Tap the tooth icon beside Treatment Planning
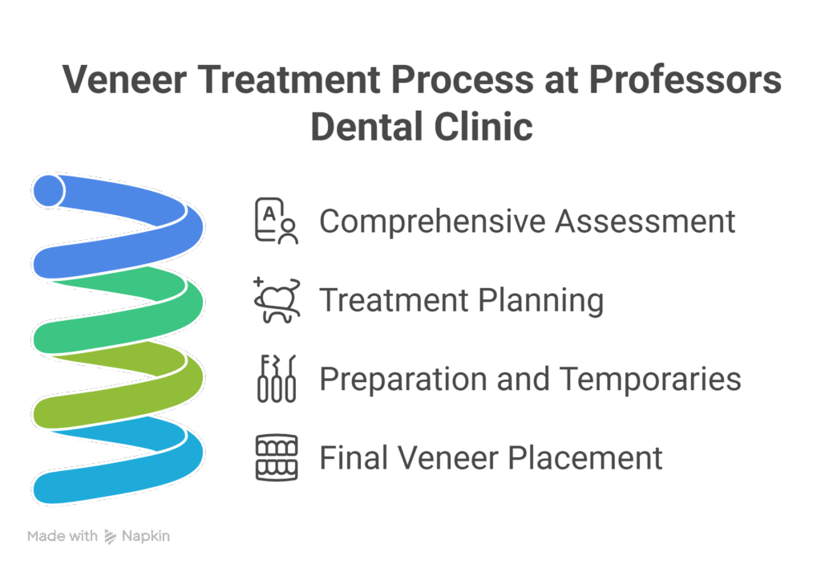[276, 299]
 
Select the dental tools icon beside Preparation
[276, 378]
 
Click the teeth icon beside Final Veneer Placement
[276, 457]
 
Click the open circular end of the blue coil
[49, 190]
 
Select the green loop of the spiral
[120, 309]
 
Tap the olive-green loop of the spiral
[120, 393]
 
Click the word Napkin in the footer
[146, 535]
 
